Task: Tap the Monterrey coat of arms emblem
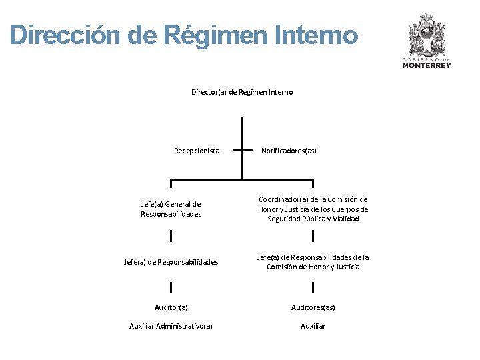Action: tap(427, 37)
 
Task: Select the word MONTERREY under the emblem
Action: tap(427, 65)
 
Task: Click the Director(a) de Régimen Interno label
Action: tap(242, 92)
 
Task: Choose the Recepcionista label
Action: tap(197, 151)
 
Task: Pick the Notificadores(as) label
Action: tap(289, 151)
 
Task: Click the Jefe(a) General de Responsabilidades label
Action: tap(171, 209)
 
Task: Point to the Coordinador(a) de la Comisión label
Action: tap(313, 209)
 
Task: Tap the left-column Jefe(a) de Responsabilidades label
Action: tap(171, 262)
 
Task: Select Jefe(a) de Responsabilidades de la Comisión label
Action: tap(313, 262)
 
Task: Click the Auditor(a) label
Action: tap(171, 307)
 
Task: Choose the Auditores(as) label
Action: tap(313, 307)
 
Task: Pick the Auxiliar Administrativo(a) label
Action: tap(171, 326)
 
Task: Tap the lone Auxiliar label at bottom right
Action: tap(313, 326)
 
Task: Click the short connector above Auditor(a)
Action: tap(171, 287)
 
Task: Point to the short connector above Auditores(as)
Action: tap(313, 287)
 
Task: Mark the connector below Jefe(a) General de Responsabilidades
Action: tap(171, 235)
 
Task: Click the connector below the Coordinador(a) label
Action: tap(313, 235)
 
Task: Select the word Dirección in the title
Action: tap(67, 35)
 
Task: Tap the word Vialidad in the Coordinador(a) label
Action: tap(345, 219)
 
